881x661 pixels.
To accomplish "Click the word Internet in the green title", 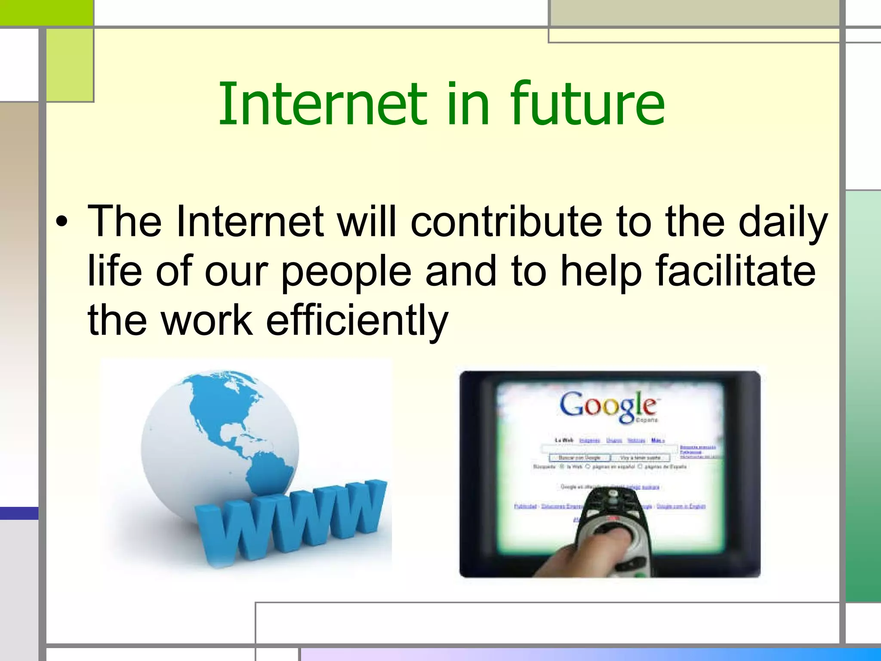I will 323,105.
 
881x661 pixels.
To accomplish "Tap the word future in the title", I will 587,105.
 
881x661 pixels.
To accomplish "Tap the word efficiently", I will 357,321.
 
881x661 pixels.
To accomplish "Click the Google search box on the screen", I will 609,449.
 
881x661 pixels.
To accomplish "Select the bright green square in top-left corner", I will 46,12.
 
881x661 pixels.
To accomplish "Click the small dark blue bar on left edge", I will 19,513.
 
